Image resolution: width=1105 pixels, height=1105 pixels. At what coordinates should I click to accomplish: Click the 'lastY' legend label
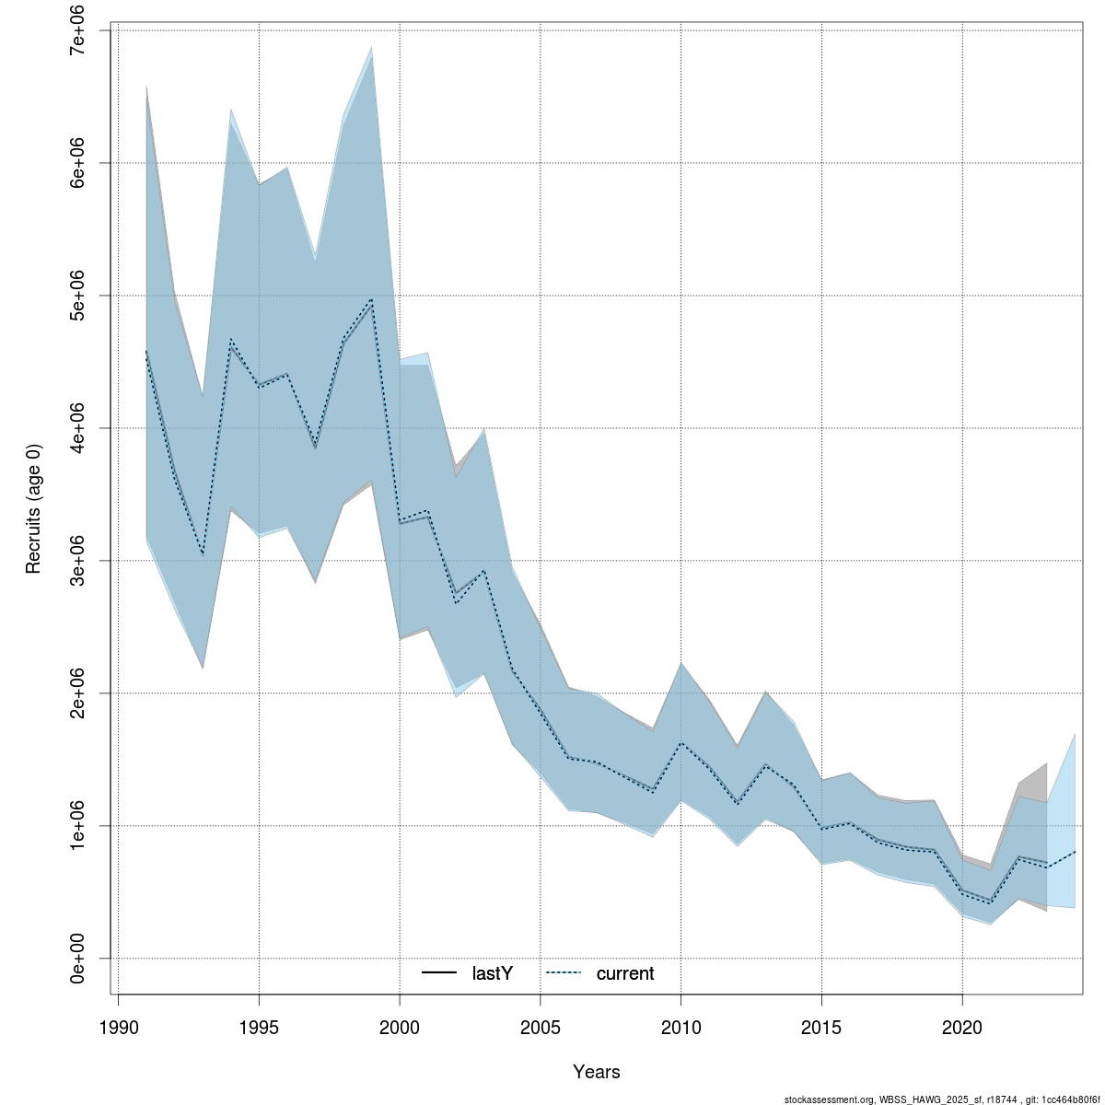point(492,973)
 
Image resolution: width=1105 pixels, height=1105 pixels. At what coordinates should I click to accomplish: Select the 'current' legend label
point(625,973)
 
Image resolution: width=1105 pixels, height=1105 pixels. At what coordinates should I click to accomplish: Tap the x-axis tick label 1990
point(118,1027)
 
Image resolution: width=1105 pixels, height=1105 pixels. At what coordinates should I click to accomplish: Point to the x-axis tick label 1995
point(259,1027)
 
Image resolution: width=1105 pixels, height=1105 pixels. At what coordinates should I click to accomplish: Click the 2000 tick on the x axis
point(400,1027)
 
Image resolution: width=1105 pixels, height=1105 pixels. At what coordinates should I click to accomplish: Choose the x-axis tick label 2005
point(541,1027)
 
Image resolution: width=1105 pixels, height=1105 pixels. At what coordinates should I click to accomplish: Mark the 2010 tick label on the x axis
point(680,1027)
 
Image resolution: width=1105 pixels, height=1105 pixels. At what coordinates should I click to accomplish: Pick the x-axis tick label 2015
point(821,1027)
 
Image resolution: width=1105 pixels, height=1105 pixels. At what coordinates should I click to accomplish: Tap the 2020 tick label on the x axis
point(962,1027)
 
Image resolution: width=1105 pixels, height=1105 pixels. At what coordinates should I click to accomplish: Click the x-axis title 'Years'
point(597,1072)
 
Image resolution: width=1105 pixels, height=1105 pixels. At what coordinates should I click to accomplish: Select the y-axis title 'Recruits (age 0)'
point(34,494)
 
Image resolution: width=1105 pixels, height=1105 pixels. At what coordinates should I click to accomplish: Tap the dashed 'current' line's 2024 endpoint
point(1075,852)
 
